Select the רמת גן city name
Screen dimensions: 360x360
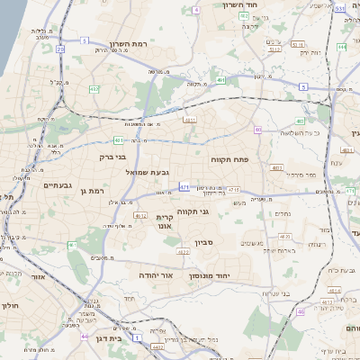pos(92,190)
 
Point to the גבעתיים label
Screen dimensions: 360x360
pos(58,184)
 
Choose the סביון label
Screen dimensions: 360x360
pos(203,242)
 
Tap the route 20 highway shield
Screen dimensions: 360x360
pos(60,49)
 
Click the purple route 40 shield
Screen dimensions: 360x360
pos(258,130)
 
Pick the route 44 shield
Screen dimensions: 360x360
pos(84,337)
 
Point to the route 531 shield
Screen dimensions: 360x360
pos(339,8)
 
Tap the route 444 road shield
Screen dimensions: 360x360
pos(342,45)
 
